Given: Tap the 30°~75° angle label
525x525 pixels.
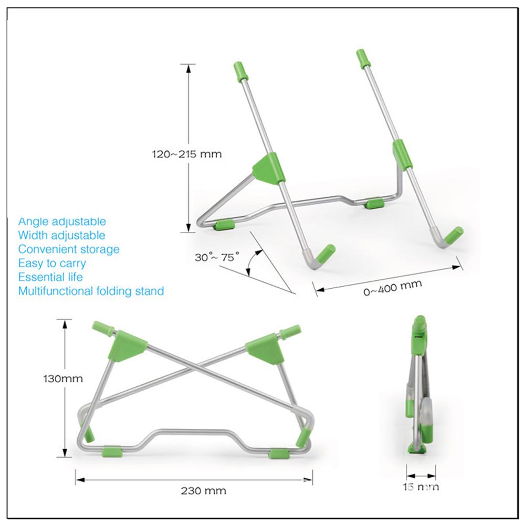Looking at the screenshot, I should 216,257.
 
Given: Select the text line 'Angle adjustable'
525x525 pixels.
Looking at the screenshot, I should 62,222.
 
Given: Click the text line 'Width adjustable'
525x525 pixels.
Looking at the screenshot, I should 61,235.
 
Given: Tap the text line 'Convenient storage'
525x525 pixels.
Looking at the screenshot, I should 69,249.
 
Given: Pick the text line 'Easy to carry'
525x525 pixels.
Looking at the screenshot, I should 52,263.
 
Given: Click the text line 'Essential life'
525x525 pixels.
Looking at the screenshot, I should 50,277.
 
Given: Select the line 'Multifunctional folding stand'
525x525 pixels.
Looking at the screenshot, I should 91,290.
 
